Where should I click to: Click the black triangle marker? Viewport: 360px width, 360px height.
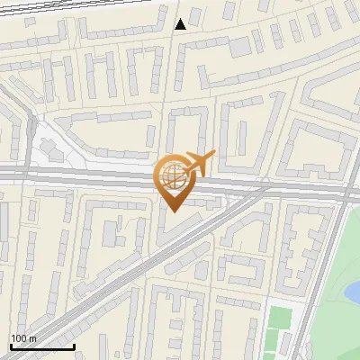[181, 23]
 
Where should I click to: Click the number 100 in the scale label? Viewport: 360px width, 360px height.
[20, 338]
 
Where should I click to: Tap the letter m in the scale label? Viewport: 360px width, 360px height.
[34, 338]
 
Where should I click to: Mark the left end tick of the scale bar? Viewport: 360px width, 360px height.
[11, 345]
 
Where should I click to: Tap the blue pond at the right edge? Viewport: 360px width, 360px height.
[353, 290]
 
